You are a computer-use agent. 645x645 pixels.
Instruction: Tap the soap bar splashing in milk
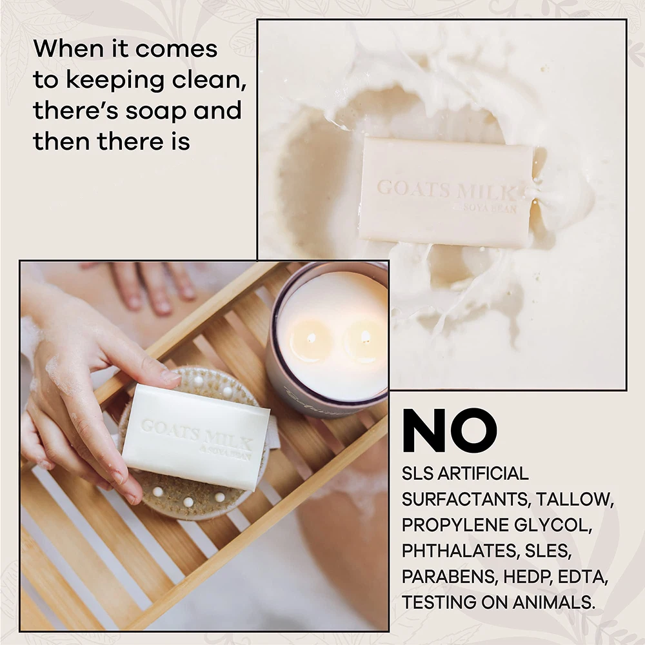[448, 192]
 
